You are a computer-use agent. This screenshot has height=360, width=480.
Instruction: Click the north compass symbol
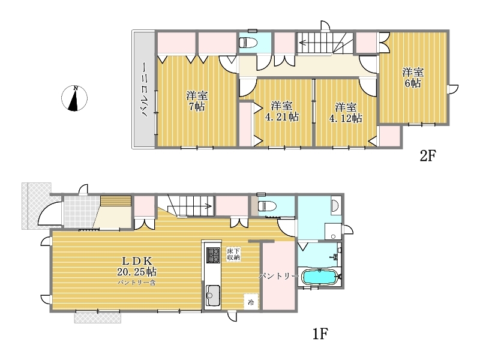click(x=74, y=98)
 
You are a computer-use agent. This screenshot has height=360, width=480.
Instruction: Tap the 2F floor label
click(x=427, y=156)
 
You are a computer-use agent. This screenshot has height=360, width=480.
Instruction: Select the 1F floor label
click(x=320, y=334)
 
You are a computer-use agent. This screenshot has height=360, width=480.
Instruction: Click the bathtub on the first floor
click(x=320, y=277)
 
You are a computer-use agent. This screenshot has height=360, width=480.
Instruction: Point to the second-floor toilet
click(x=248, y=42)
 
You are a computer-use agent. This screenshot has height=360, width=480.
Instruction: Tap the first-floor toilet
click(x=267, y=206)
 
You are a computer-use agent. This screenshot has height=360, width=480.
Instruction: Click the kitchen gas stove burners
click(x=213, y=255)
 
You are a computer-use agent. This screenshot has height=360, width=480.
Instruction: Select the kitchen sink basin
click(x=213, y=295)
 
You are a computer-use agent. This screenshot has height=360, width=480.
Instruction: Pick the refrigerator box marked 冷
click(x=251, y=302)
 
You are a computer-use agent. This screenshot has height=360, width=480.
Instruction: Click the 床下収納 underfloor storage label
click(x=233, y=254)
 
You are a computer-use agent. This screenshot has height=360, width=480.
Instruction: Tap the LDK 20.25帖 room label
click(x=137, y=266)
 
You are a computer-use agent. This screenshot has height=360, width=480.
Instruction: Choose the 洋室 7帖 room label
click(x=196, y=101)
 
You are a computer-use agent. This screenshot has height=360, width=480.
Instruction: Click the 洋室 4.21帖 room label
click(x=281, y=112)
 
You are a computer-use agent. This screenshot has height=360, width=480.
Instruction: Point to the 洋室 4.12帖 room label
click(x=346, y=113)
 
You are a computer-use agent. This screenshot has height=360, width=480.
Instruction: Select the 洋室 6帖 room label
click(x=413, y=77)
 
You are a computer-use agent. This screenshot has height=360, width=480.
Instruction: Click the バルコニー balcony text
click(x=145, y=89)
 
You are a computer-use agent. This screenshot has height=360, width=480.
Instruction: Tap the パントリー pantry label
click(x=278, y=276)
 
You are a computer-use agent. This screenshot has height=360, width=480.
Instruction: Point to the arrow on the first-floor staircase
click(x=197, y=206)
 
